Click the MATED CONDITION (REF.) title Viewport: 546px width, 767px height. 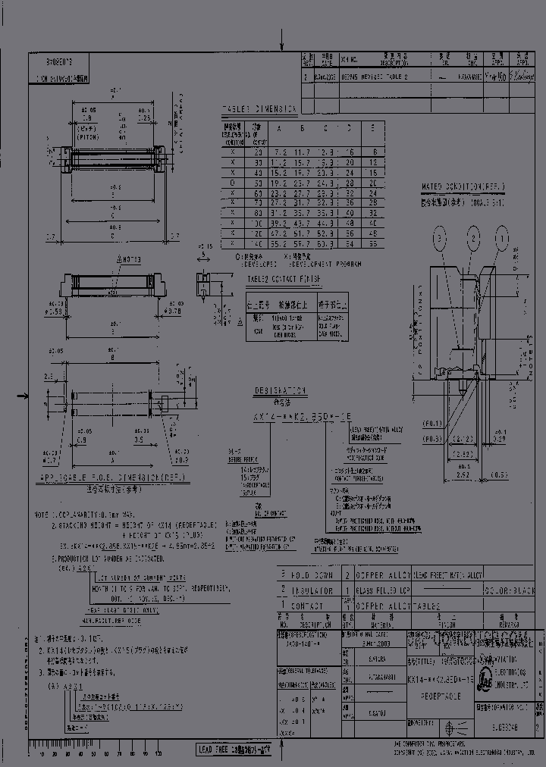(464, 186)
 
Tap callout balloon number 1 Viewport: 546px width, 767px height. (501, 239)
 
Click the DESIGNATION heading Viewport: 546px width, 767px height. (281, 391)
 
